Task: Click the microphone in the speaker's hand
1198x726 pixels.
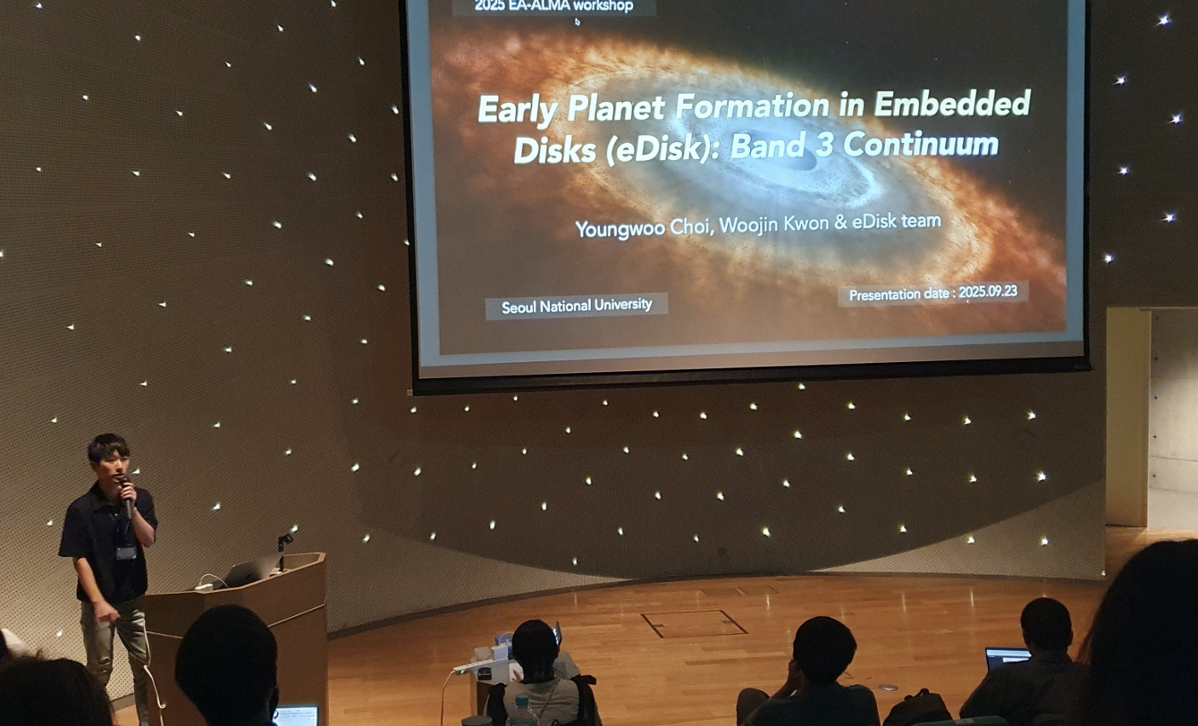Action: pos(126,496)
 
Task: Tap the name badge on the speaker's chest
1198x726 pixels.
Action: pos(126,553)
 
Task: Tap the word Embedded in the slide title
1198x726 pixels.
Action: pos(952,103)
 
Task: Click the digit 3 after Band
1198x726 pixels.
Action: pos(823,145)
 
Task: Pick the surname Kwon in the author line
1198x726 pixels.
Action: pos(808,224)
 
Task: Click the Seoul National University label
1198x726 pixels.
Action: pos(577,306)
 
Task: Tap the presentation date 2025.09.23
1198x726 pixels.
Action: pos(987,292)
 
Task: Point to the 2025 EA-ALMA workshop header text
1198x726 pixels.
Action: pos(553,6)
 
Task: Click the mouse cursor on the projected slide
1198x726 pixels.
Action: pos(577,21)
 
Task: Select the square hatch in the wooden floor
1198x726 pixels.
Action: pos(694,623)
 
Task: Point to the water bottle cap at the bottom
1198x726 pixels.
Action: pos(521,701)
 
